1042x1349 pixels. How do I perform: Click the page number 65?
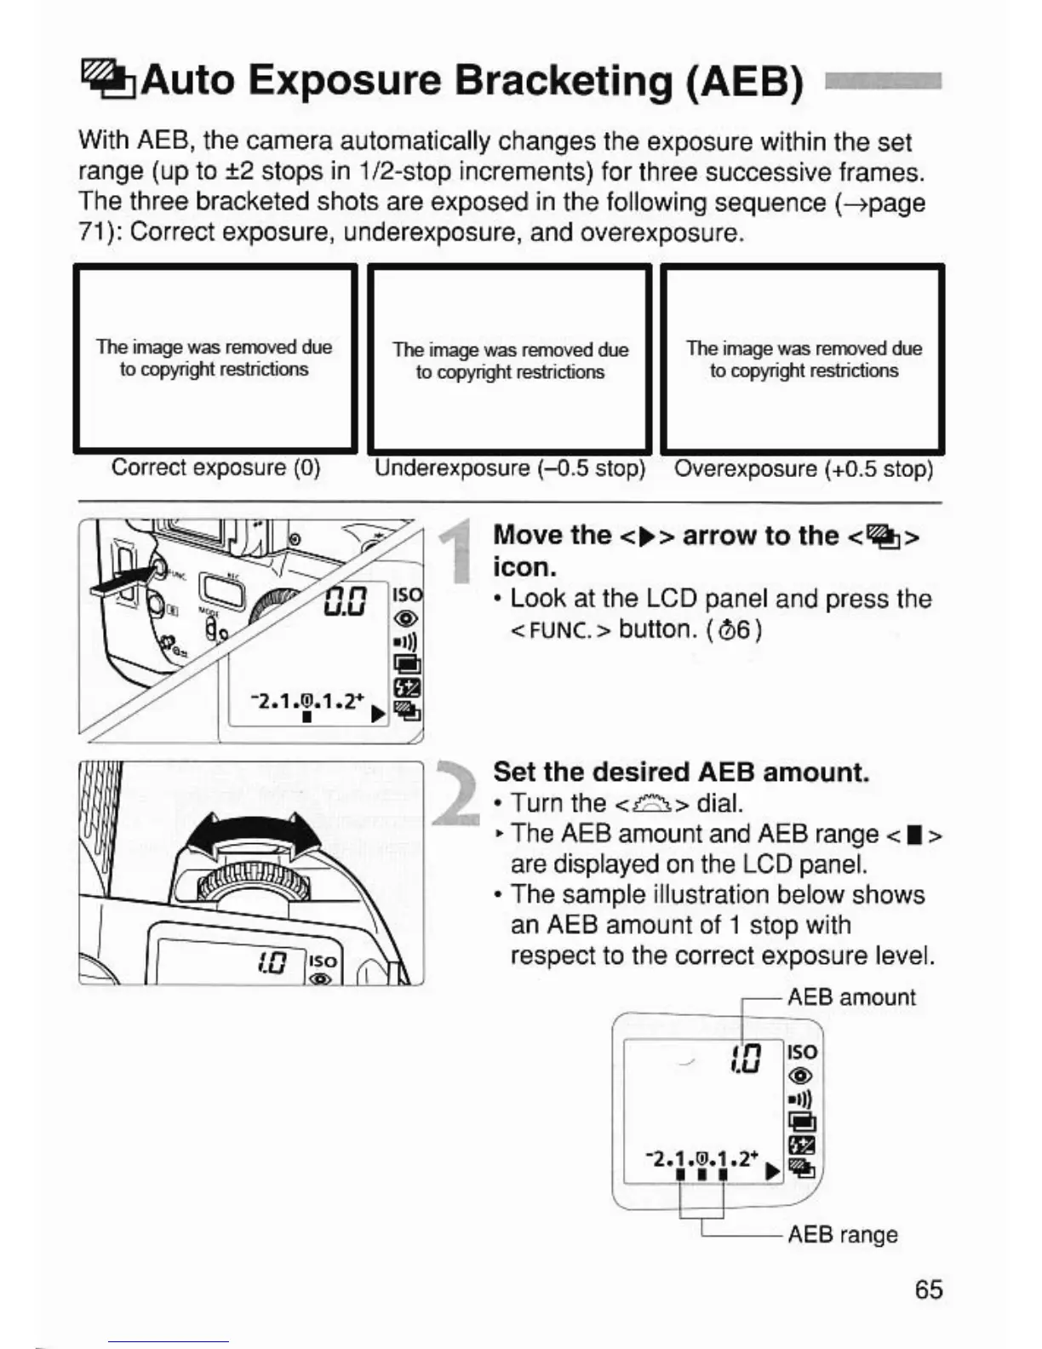pyautogui.click(x=928, y=1289)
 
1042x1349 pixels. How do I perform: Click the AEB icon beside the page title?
pyautogui.click(x=107, y=78)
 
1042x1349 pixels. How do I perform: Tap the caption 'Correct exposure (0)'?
pyautogui.click(x=215, y=468)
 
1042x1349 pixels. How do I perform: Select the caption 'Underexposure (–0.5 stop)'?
pyautogui.click(x=510, y=468)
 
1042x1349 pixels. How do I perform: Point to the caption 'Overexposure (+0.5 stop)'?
pyautogui.click(x=803, y=469)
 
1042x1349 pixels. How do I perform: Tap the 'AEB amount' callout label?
pyautogui.click(x=850, y=997)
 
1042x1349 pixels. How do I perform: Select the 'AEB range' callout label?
pyautogui.click(x=842, y=1234)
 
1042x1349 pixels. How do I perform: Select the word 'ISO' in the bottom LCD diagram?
pyautogui.click(x=803, y=1053)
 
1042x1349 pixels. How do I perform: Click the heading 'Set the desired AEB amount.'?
pyautogui.click(x=681, y=772)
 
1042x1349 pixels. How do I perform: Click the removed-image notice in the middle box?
pyautogui.click(x=510, y=361)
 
